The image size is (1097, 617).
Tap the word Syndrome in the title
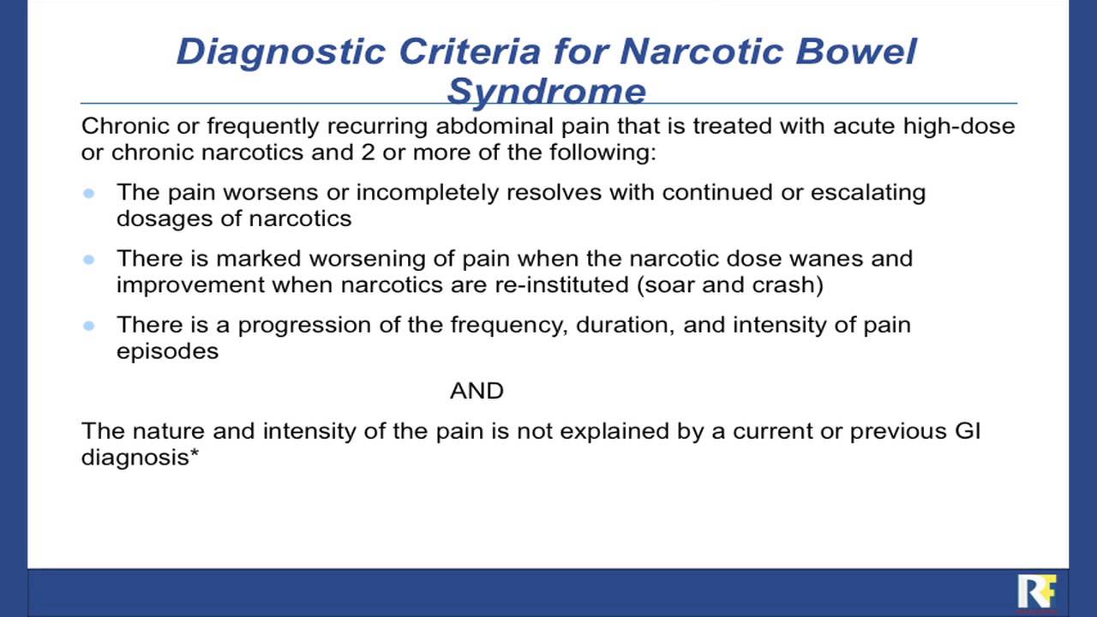tap(546, 91)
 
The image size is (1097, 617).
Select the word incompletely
tap(429, 192)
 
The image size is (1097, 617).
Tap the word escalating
tap(868, 192)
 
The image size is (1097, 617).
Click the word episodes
tap(167, 351)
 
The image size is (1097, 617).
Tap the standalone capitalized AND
tap(477, 392)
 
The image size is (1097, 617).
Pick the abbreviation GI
tap(968, 430)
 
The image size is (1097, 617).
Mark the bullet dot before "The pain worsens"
tap(89, 193)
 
